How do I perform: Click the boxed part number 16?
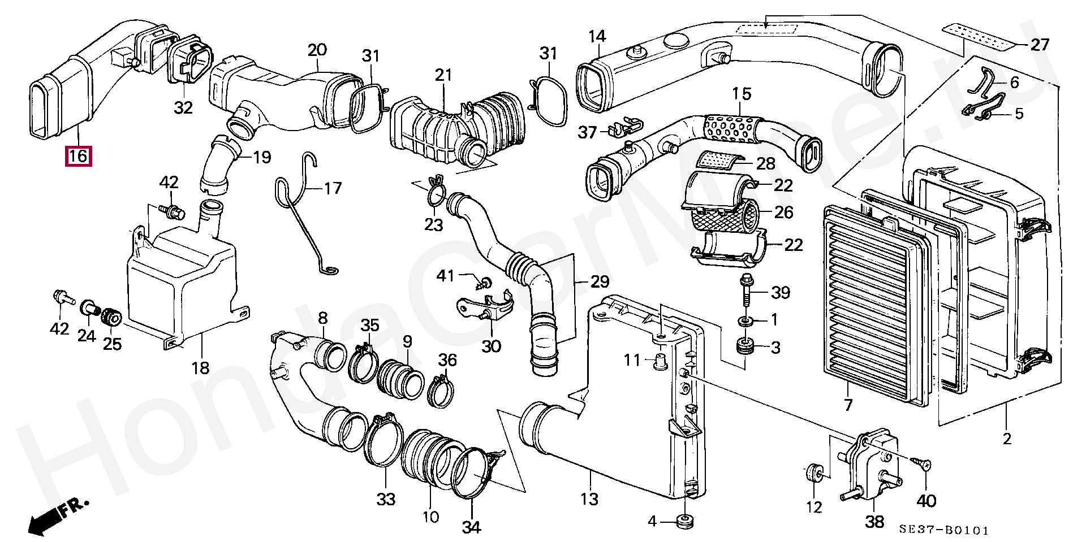78,155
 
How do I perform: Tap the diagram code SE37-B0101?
944,530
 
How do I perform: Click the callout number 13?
589,499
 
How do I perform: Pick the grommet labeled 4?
684,521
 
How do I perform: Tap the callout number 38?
874,521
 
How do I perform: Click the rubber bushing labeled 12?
815,473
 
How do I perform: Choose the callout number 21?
443,75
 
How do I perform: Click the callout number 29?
600,281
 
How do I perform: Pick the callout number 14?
597,37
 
